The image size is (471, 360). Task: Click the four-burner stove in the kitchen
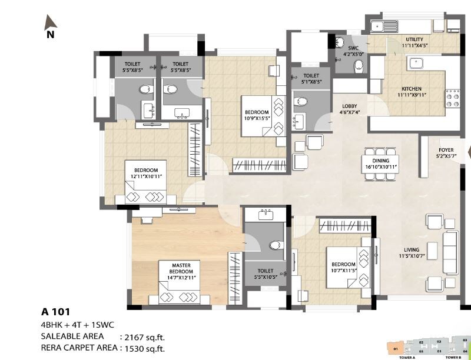point(452,98)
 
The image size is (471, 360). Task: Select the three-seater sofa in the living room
point(450,252)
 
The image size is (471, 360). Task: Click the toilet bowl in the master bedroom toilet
point(274,245)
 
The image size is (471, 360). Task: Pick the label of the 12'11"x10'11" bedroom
point(145,173)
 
